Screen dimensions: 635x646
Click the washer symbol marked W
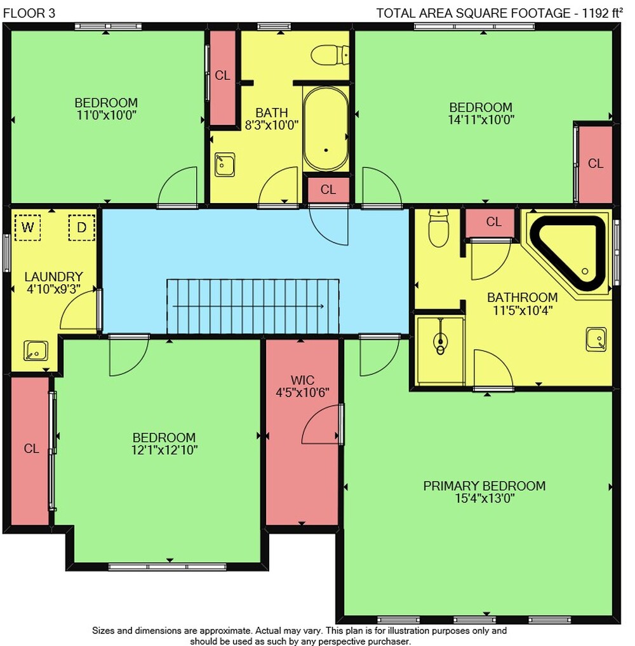coord(28,227)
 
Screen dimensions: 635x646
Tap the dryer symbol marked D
coord(82,227)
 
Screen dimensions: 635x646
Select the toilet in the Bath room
coord(330,55)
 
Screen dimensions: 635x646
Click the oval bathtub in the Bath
coord(326,129)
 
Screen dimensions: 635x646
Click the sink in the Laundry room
coord(36,350)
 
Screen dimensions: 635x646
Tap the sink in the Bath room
coord(225,164)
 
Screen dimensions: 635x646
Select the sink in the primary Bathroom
coord(596,339)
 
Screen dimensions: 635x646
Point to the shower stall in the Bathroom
coord(439,350)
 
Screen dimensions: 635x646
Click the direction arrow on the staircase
coord(248,306)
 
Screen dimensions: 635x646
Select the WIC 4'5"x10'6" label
coord(302,386)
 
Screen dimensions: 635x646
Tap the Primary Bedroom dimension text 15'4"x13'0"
coord(485,498)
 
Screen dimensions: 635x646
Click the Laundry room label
coord(53,277)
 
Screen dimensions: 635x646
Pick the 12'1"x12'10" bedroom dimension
coord(164,450)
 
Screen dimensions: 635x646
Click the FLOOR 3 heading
coord(29,13)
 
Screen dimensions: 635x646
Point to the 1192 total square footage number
coord(595,13)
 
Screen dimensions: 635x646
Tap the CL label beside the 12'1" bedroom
coord(31,448)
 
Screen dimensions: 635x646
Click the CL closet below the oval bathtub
coord(328,190)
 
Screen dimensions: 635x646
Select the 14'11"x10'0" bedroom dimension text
coord(481,120)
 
